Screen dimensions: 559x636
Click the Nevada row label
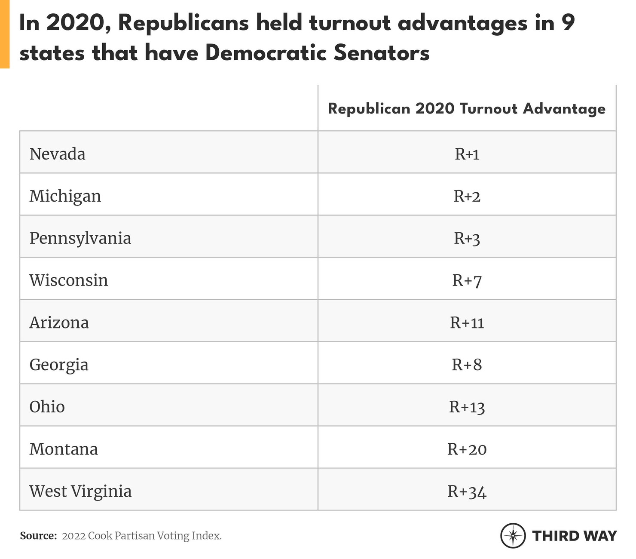[57, 154]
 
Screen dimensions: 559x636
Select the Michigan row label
[65, 196]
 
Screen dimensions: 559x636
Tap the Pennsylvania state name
[80, 238]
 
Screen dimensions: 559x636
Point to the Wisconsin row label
[68, 280]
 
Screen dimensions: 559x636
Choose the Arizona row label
[59, 322]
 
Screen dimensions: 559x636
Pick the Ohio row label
[47, 407]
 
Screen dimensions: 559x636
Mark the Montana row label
[63, 449]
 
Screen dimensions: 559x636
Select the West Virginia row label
[80, 491]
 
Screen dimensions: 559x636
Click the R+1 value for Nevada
[467, 154]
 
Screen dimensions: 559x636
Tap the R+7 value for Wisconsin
[467, 281]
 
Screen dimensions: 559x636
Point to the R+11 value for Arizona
[467, 322]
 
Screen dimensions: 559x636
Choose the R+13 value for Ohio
[467, 407]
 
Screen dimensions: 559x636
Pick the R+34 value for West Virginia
[467, 491]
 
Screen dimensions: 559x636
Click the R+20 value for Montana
[467, 449]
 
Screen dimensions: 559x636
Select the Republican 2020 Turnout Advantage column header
[467, 109]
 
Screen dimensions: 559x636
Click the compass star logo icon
[513, 536]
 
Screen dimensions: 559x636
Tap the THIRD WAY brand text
[574, 536]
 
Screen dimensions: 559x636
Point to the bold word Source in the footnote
[38, 536]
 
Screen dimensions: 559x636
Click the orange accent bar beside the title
[5, 34]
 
